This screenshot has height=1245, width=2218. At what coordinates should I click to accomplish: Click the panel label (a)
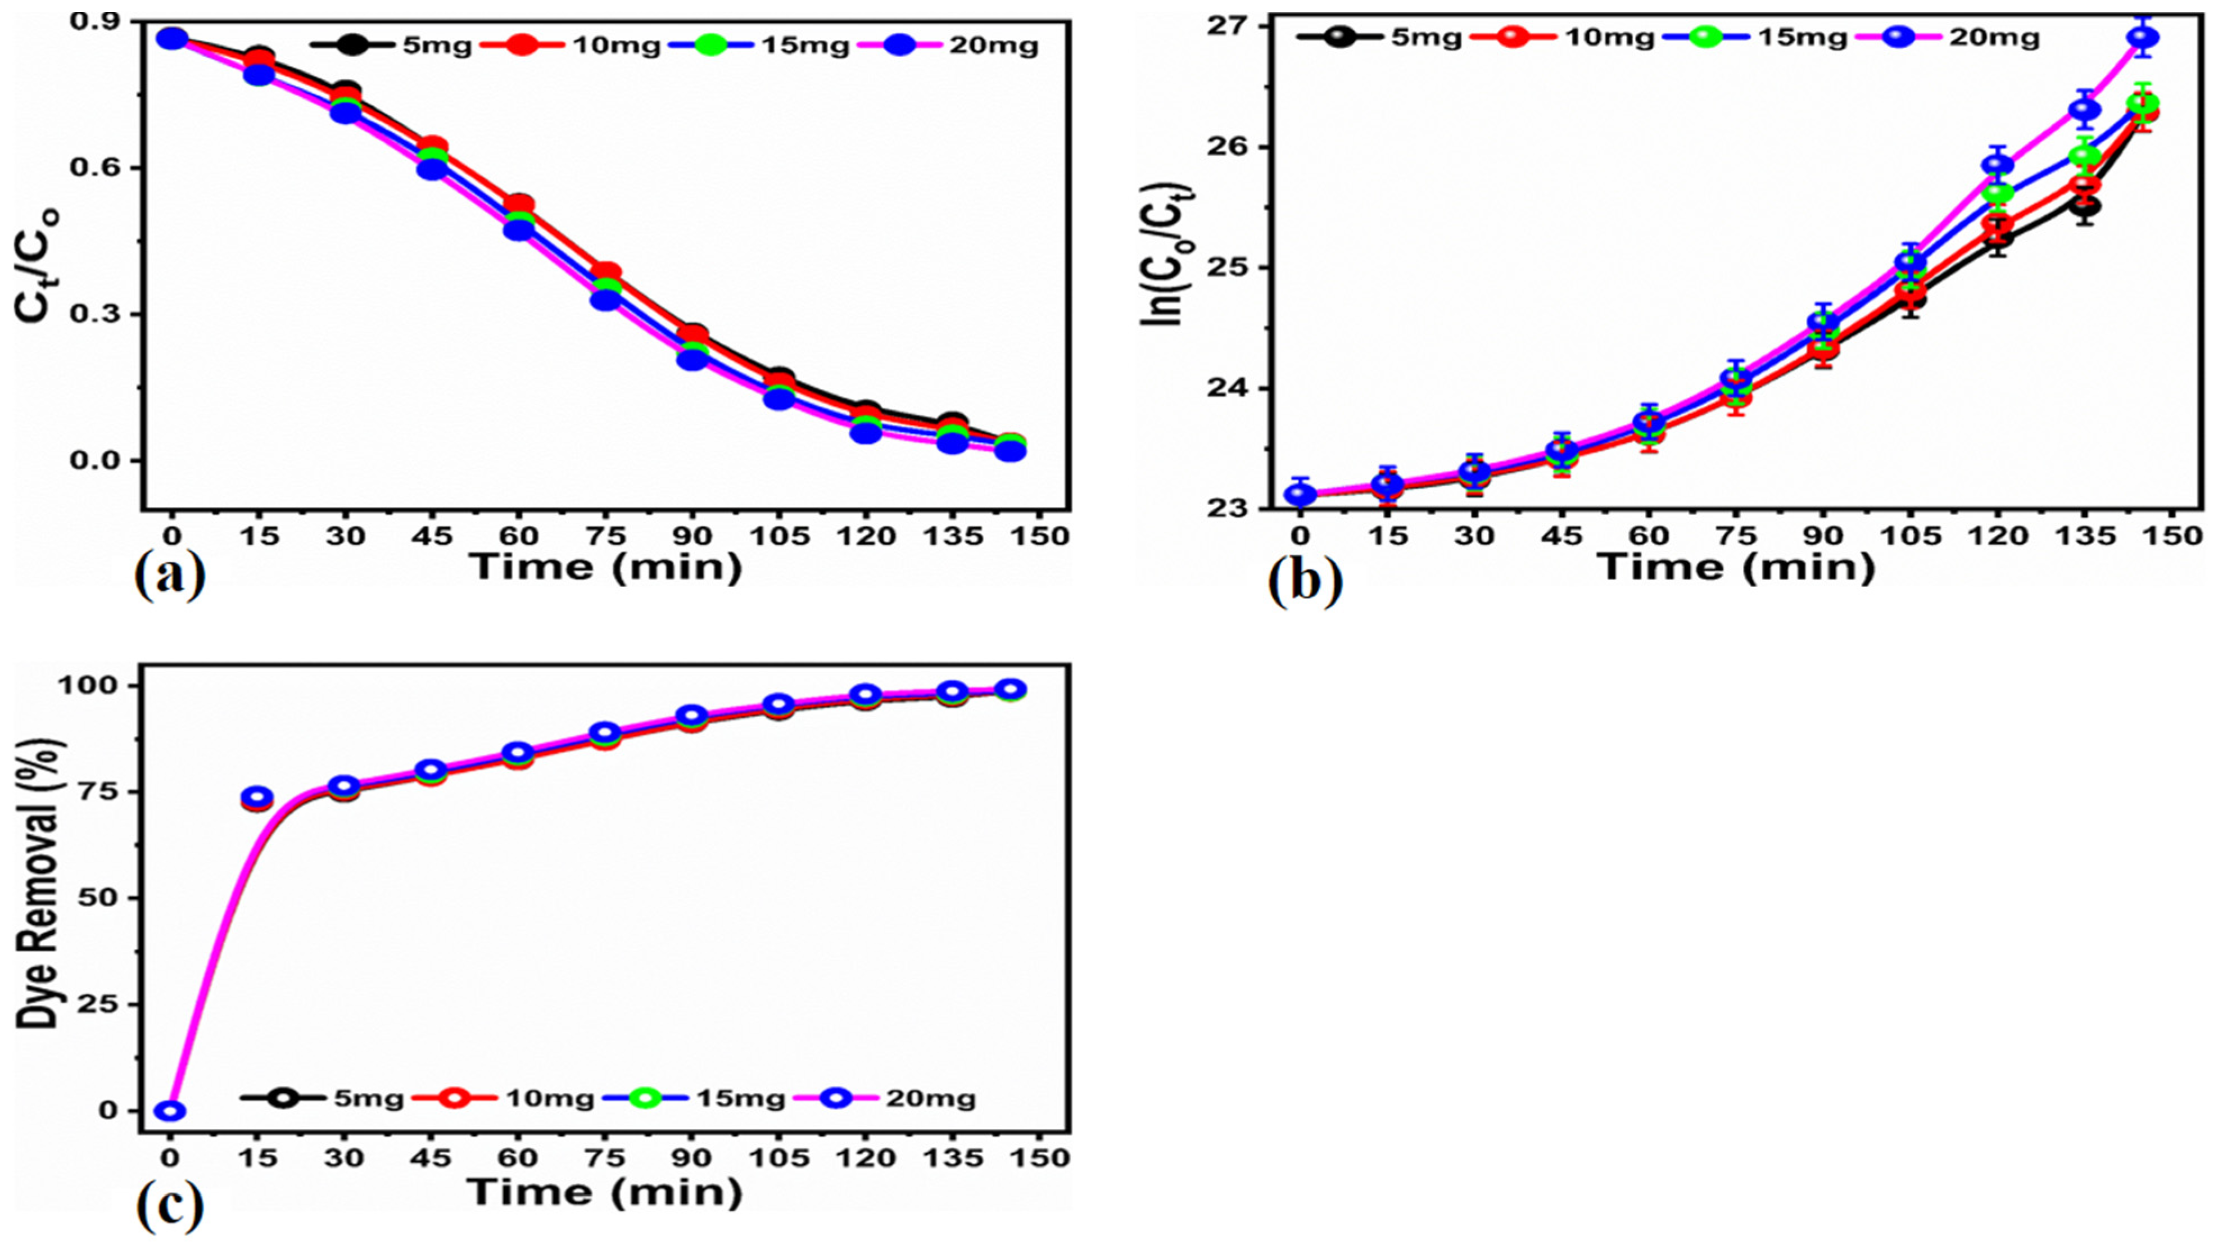click(x=170, y=577)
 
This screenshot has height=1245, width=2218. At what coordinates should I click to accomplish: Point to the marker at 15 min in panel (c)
click(x=257, y=797)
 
